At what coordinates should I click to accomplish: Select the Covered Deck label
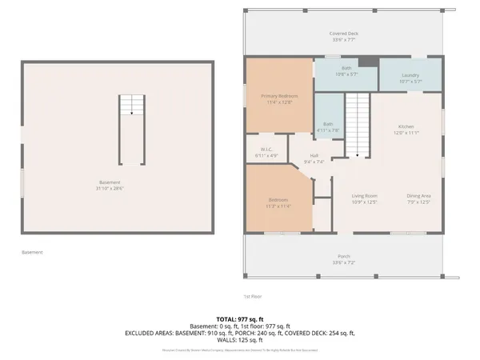click(x=344, y=35)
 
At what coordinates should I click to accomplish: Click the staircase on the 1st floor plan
click(x=358, y=124)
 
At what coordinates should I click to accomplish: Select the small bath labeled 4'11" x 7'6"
click(x=328, y=126)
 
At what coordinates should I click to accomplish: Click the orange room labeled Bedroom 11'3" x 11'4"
click(x=277, y=202)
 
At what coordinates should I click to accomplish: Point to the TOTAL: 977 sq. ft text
click(x=239, y=318)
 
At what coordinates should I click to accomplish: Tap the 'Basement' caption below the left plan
click(x=32, y=252)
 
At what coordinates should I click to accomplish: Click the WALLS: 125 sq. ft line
click(x=239, y=339)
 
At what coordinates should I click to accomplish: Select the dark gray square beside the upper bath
click(x=365, y=62)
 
